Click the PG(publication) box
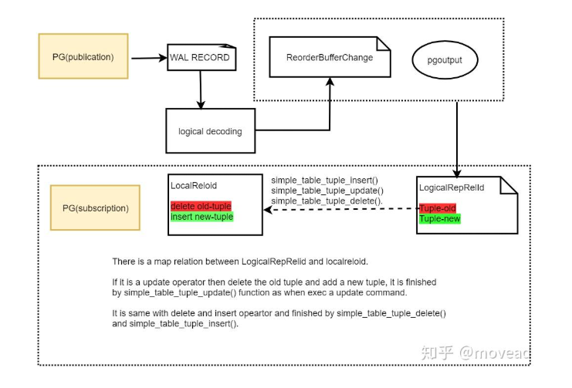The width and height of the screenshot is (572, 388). [x=83, y=56]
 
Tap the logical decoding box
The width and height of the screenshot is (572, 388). [x=210, y=131]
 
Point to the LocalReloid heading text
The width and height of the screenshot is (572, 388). [x=194, y=186]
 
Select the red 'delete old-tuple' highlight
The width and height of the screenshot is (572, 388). [x=201, y=206]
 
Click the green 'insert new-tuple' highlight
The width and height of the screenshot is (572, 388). [x=201, y=217]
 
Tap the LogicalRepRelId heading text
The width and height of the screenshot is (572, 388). [x=451, y=187]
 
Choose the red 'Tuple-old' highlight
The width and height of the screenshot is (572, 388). [x=438, y=208]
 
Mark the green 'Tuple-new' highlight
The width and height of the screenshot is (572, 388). [x=439, y=219]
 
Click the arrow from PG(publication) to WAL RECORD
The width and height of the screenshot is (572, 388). [x=149, y=57]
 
